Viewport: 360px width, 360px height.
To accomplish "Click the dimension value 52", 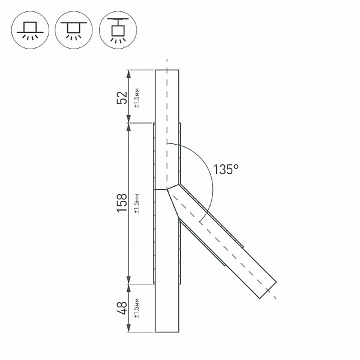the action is (122, 98).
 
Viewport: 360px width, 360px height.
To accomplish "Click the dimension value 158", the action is (122, 203).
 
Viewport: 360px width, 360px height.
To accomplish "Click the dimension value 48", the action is (122, 308).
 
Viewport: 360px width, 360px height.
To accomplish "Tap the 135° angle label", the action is (226, 169).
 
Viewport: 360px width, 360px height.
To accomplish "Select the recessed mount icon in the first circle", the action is (30, 30).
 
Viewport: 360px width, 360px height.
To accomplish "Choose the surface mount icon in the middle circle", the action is (73, 30).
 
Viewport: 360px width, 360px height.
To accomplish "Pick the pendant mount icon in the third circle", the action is (118, 30).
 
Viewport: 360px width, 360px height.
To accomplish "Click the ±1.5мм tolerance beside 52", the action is (137, 98).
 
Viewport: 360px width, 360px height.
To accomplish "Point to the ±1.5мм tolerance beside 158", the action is (137, 203).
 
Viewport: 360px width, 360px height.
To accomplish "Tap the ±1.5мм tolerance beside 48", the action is (137, 308).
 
